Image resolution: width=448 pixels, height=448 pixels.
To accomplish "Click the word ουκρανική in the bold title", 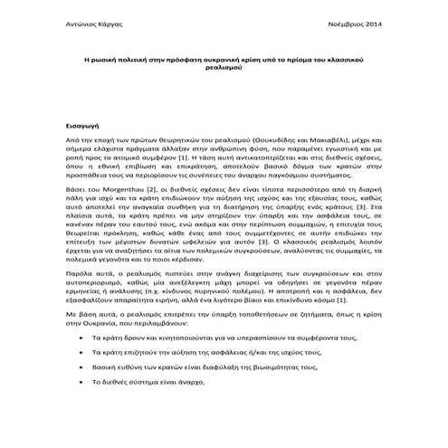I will [x=215, y=58].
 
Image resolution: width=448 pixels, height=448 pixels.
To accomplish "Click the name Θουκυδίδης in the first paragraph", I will [x=266, y=144].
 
